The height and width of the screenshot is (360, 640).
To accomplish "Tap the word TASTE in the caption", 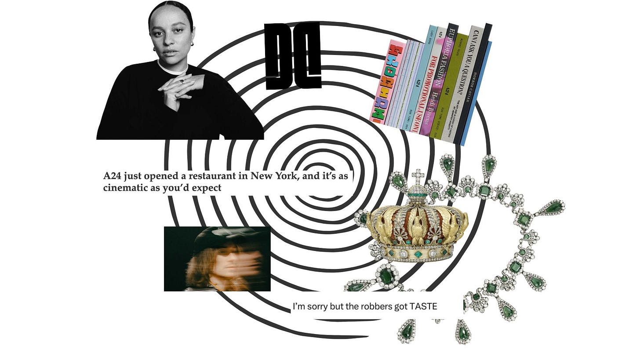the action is [423, 306].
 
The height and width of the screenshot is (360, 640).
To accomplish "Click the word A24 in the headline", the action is [112, 177].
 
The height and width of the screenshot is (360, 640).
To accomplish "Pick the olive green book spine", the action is [450, 86].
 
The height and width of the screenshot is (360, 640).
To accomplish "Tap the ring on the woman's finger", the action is [181, 81].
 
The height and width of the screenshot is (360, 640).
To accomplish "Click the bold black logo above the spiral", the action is [293, 56].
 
